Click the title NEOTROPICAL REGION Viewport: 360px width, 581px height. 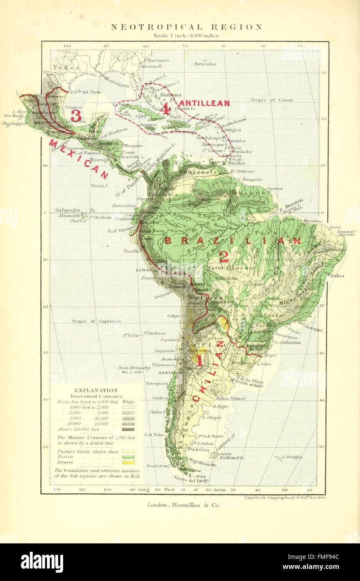[186, 27]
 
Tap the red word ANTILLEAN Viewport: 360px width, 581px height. [204, 103]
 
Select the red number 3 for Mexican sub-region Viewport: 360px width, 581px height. [76, 115]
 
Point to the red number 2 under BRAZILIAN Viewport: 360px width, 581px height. [224, 257]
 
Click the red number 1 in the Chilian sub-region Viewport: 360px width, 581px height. [199, 360]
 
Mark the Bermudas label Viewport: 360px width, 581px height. [205, 64]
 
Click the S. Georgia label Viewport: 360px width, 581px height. [291, 457]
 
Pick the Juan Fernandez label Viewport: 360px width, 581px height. [134, 367]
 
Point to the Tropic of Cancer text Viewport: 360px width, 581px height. [272, 100]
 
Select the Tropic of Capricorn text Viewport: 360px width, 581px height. [96, 321]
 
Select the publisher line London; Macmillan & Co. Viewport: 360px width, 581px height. [183, 505]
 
